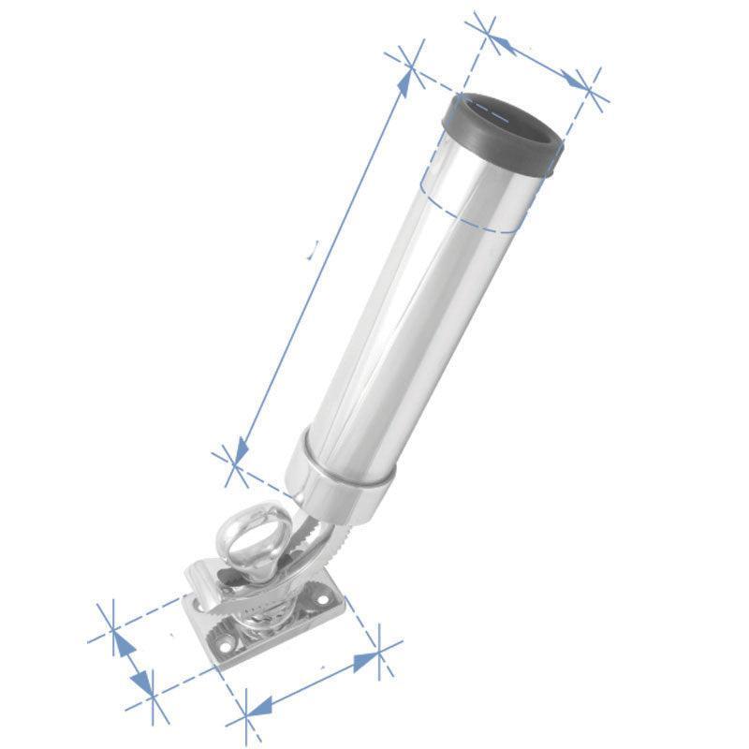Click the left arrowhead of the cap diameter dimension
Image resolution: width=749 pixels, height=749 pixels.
497,42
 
